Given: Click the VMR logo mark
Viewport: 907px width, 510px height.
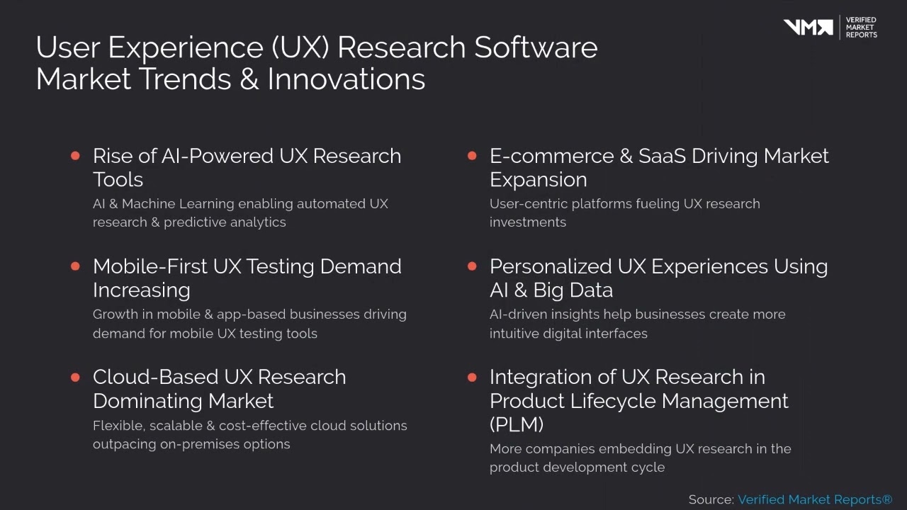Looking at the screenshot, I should click(x=808, y=27).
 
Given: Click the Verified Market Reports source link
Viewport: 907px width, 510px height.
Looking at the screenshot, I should click(x=815, y=499).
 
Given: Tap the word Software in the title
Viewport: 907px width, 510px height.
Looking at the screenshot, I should click(x=536, y=47).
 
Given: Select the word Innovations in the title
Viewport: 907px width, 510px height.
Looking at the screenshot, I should click(x=346, y=79).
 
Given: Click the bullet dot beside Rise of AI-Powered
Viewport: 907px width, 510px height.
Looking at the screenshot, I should click(x=76, y=156).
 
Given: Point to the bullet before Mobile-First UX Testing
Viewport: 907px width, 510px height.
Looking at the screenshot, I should click(x=76, y=266).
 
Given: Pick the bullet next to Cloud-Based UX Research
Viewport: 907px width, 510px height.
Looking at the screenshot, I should click(x=76, y=377).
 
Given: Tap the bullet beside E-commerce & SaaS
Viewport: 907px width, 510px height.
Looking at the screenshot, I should click(x=473, y=156).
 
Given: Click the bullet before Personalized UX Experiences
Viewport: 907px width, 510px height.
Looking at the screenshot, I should click(x=473, y=266).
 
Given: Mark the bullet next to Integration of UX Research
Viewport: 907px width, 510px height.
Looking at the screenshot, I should click(x=473, y=377).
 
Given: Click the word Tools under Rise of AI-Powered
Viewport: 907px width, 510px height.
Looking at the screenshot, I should click(x=118, y=180).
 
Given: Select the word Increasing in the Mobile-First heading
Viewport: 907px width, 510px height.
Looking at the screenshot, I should click(x=141, y=290).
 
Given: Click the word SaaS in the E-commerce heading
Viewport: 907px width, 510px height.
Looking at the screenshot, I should click(x=662, y=156).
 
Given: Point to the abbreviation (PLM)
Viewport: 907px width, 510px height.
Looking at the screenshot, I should click(x=517, y=424).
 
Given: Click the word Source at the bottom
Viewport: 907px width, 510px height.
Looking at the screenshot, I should click(x=710, y=499).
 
